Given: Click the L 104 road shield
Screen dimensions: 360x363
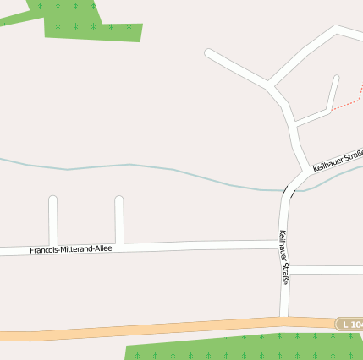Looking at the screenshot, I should (x=349, y=325).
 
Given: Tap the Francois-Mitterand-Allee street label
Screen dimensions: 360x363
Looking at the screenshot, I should (x=71, y=249).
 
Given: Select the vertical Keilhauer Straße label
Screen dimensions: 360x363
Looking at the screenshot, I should (x=284, y=257).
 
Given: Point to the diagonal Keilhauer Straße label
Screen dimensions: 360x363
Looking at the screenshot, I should (x=337, y=161).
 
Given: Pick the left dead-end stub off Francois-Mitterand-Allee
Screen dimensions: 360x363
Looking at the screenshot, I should (x=53, y=221).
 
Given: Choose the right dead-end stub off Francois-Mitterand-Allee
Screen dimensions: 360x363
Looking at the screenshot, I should (x=119, y=221).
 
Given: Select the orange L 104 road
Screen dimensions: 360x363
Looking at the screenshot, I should (x=169, y=328).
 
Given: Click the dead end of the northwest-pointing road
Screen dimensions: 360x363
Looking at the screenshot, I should (x=209, y=53).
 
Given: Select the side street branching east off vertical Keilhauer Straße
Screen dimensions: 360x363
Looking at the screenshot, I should (x=326, y=270).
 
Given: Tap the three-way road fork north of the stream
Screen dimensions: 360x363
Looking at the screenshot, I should (x=270, y=85).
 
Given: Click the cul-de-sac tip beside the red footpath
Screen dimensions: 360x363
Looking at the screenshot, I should (x=336, y=79).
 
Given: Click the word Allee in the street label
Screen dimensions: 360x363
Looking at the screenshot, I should (x=102, y=248).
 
